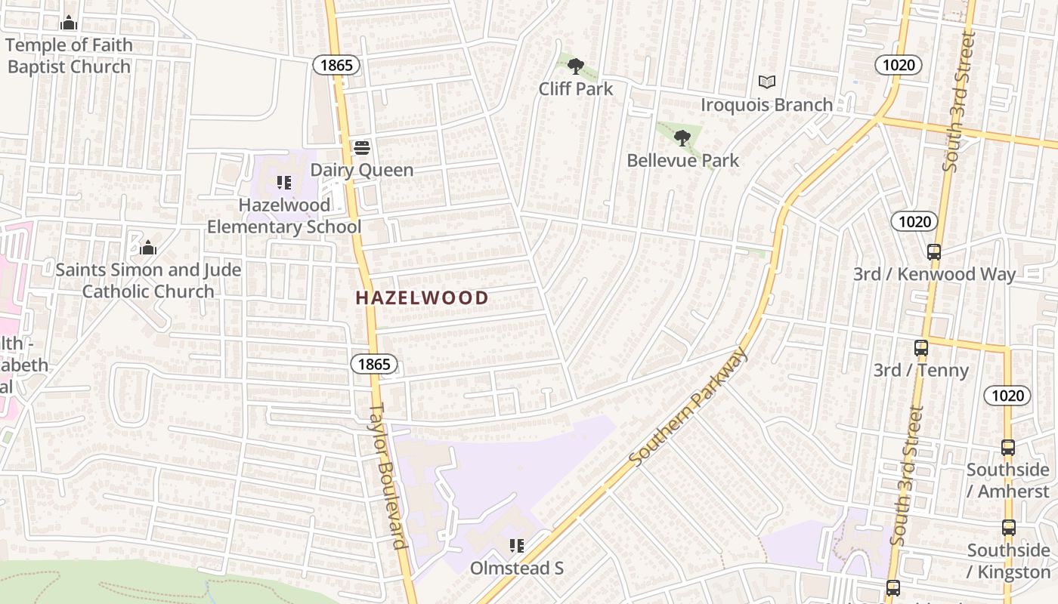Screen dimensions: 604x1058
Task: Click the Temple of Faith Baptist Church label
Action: pyautogui.click(x=69, y=56)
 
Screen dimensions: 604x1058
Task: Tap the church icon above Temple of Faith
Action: pyautogui.click(x=69, y=23)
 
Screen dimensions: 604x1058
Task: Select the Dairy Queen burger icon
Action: pyautogui.click(x=362, y=147)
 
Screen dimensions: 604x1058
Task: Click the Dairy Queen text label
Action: pyautogui.click(x=362, y=170)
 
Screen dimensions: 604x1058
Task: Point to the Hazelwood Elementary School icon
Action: pyautogui.click(x=284, y=183)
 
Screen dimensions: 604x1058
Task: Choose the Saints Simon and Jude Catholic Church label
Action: pyautogui.click(x=148, y=280)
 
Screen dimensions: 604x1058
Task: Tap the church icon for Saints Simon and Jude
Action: pyautogui.click(x=148, y=248)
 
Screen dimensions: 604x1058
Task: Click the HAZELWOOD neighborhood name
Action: pyautogui.click(x=422, y=297)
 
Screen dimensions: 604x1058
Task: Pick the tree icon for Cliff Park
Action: pyautogui.click(x=576, y=66)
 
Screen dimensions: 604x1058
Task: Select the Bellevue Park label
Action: pyautogui.click(x=683, y=160)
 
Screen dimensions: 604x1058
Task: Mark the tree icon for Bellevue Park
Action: pyautogui.click(x=682, y=138)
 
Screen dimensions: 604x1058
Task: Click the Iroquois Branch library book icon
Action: pyautogui.click(x=767, y=82)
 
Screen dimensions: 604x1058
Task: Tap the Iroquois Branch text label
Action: pyautogui.click(x=767, y=104)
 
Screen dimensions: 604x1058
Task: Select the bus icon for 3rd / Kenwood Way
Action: pyautogui.click(x=934, y=252)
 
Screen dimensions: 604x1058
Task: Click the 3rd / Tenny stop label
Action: pyautogui.click(x=920, y=370)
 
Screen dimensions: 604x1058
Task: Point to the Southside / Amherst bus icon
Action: pyautogui.click(x=1008, y=448)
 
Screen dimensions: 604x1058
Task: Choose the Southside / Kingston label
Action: pyautogui.click(x=1008, y=561)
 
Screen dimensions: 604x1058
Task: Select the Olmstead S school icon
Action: pyautogui.click(x=517, y=546)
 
